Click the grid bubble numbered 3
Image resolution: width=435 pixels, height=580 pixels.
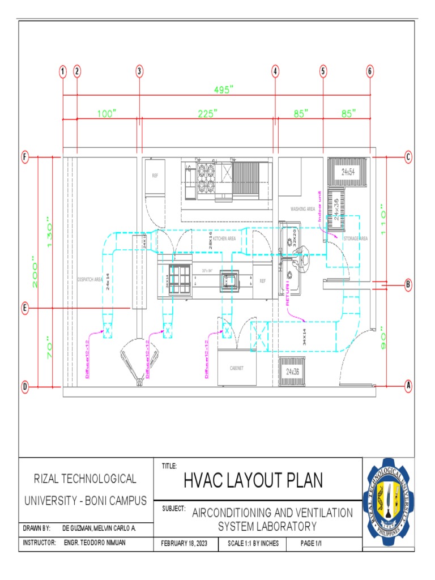(x=139, y=71)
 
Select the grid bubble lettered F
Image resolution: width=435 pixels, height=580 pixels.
(x=25, y=157)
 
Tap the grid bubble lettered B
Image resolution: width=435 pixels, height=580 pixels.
(x=408, y=285)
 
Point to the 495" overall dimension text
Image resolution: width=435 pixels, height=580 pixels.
(x=224, y=89)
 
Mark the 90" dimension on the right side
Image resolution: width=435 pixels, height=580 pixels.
(x=383, y=338)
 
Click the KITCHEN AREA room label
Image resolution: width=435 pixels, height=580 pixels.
(x=224, y=240)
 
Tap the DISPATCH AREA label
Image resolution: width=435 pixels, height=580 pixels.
(x=89, y=279)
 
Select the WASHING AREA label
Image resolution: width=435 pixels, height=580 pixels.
(x=302, y=209)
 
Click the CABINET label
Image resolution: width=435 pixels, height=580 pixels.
(x=236, y=368)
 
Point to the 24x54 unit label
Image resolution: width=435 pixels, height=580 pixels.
(x=347, y=172)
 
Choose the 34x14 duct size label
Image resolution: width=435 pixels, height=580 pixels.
(x=304, y=337)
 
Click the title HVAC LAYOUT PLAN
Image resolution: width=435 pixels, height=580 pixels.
(x=253, y=481)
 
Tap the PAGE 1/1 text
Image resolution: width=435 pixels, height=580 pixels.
(x=311, y=543)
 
